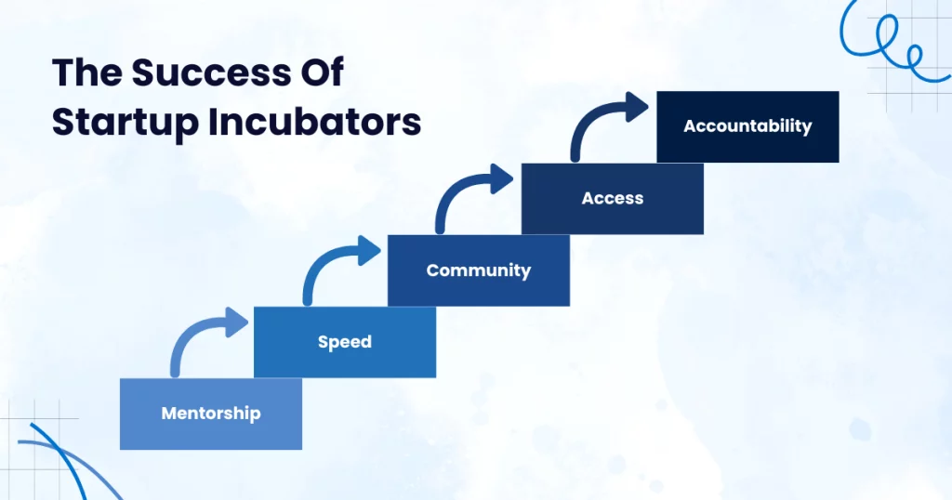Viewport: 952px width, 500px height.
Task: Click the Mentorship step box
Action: tap(211, 414)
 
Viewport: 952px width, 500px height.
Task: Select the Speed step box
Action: tap(345, 342)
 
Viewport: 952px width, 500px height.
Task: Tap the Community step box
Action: tap(479, 270)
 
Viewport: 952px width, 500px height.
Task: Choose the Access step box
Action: tap(613, 199)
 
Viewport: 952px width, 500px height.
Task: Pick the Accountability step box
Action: tap(748, 126)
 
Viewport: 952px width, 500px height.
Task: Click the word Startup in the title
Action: tap(126, 123)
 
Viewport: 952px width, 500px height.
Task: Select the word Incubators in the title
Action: tap(314, 122)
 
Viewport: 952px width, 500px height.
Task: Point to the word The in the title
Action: tap(87, 72)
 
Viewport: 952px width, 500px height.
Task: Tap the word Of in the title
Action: tap(320, 72)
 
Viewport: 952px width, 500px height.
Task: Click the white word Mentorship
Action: tap(211, 414)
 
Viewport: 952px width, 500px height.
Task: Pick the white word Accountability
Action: tap(747, 126)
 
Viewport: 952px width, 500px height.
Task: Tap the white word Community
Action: tap(479, 270)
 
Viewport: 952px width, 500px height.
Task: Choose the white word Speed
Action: tap(344, 342)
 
